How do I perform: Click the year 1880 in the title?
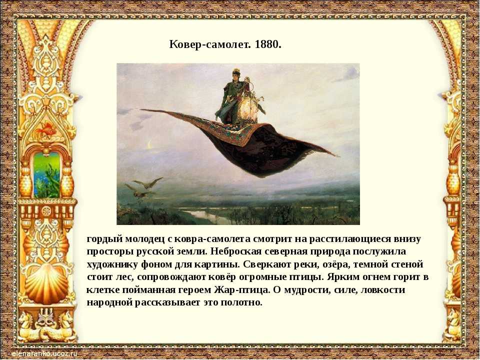[267, 44]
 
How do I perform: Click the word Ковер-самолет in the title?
[210, 44]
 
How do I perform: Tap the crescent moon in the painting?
[149, 144]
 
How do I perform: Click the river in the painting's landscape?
[202, 215]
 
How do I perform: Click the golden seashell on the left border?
[46, 283]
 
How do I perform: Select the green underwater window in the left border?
[47, 174]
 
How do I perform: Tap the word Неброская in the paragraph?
[236, 251]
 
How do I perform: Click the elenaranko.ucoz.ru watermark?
[44, 354]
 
